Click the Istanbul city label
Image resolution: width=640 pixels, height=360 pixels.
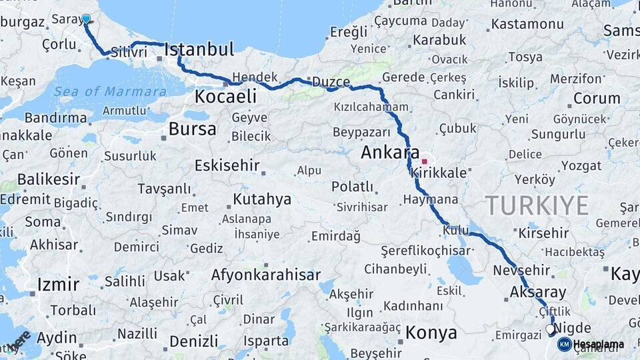pyautogui.click(x=199, y=49)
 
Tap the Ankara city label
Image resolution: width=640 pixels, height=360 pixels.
pyautogui.click(x=390, y=152)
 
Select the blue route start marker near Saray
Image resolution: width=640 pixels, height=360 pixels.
pyautogui.click(x=86, y=19)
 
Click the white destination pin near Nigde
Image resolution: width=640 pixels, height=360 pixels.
pyautogui.click(x=550, y=329)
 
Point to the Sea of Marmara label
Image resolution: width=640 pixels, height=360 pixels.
pyautogui.click(x=111, y=92)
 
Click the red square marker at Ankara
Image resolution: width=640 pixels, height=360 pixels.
pyautogui.click(x=424, y=161)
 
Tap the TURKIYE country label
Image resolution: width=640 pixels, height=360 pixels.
pyautogui.click(x=537, y=205)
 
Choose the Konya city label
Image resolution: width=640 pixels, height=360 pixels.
pyautogui.click(x=431, y=332)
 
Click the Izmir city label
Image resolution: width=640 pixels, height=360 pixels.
pyautogui.click(x=58, y=284)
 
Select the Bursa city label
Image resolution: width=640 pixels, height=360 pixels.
pyautogui.click(x=192, y=129)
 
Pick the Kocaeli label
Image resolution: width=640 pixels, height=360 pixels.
pyautogui.click(x=225, y=97)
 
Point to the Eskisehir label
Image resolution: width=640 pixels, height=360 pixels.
pyautogui.click(x=225, y=165)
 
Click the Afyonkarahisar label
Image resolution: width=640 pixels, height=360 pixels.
pyautogui.click(x=265, y=275)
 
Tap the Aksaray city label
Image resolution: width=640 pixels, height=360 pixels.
pyautogui.click(x=537, y=291)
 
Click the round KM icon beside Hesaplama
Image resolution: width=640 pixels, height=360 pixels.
pyautogui.click(x=564, y=344)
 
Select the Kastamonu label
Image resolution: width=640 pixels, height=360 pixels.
pyautogui.click(x=527, y=24)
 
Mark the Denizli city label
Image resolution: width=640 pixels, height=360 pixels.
pyautogui.click(x=193, y=341)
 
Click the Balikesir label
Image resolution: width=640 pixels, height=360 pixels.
pyautogui.click(x=48, y=179)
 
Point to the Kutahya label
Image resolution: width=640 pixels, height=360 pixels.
pyautogui.click(x=262, y=199)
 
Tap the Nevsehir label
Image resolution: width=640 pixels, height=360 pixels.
pyautogui.click(x=521, y=270)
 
